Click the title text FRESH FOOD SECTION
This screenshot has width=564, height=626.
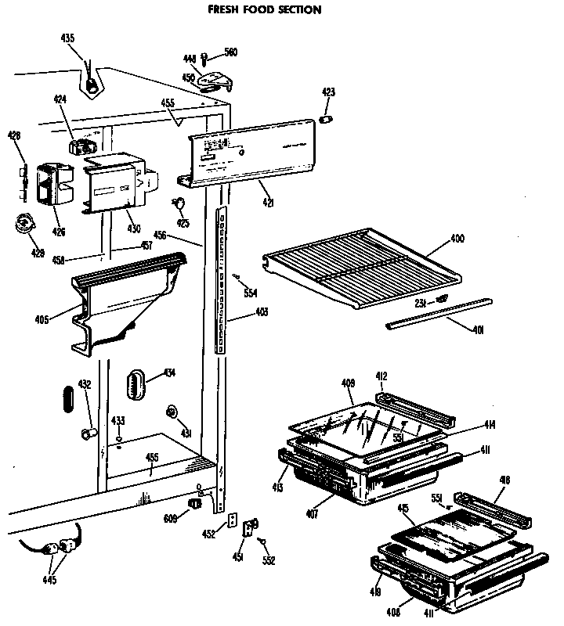pos(264,10)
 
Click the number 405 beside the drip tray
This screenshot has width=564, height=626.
pos(42,318)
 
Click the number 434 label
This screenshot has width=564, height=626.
pos(169,372)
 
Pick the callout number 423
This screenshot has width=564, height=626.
pos(328,92)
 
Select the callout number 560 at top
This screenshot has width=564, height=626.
pos(230,52)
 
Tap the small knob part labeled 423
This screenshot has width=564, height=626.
pos(327,117)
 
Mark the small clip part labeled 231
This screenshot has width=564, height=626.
pos(443,299)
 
